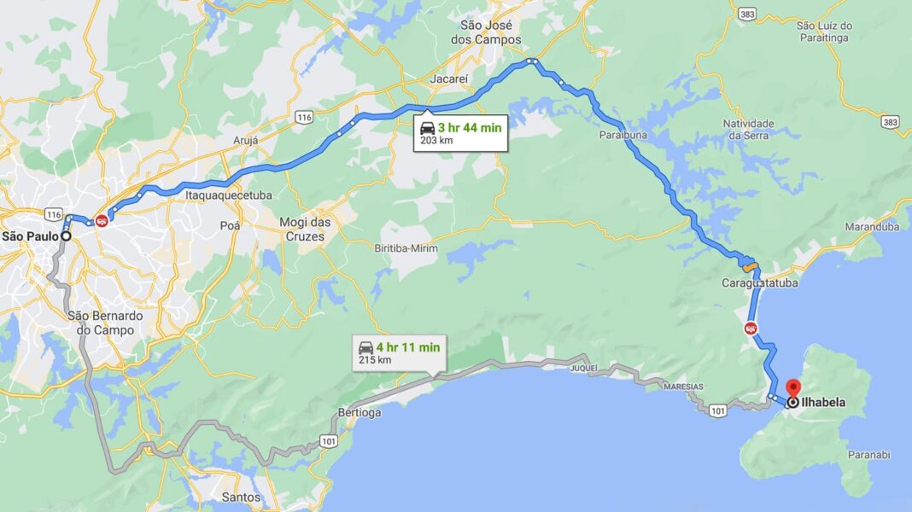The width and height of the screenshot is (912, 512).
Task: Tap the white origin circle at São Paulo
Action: coord(65,236)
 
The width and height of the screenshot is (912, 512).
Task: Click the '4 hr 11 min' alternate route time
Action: coord(408,347)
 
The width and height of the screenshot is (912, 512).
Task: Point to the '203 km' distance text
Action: coord(436,141)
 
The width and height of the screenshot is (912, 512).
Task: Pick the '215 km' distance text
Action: coord(375,360)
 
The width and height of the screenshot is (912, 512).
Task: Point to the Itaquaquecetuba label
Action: coord(229,195)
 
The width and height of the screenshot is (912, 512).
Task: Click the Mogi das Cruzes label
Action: coord(305,229)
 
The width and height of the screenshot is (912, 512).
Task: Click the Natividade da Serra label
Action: coord(749,129)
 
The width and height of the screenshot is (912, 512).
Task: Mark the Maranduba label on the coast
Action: coord(872,227)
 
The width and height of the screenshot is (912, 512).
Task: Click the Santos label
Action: coord(240,497)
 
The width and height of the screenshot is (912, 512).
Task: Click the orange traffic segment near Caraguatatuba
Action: coord(750,263)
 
